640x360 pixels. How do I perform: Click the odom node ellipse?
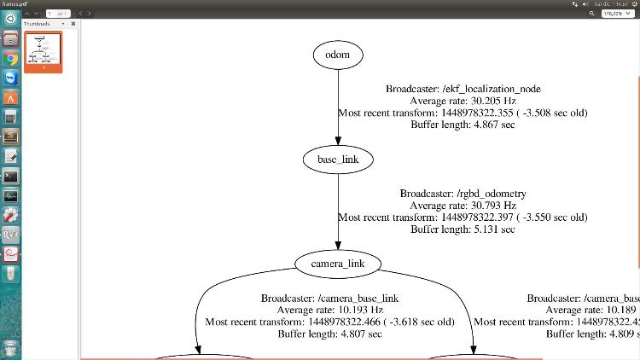click(337, 55)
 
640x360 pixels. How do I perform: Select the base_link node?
click(337, 159)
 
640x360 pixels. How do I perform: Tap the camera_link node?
click(338, 264)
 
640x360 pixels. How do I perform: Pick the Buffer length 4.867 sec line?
click(463, 124)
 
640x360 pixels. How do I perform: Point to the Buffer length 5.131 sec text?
click(463, 229)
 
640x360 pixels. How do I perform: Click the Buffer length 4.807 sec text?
click(329, 334)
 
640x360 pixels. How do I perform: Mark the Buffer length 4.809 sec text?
click(596, 334)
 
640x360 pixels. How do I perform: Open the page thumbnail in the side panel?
click(42, 50)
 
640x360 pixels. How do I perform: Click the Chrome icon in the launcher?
click(11, 58)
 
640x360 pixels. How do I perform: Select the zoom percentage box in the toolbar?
click(611, 14)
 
